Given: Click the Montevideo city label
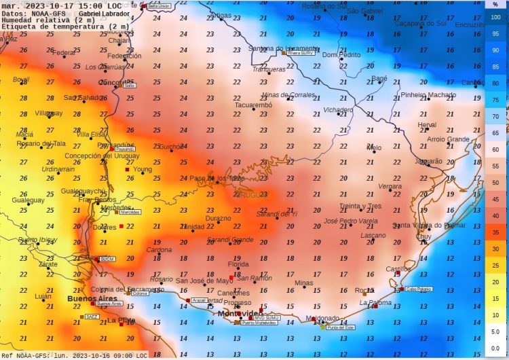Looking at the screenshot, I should click(x=240, y=313).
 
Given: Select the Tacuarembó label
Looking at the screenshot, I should click(x=253, y=105).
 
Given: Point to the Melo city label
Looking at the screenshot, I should click(x=374, y=147).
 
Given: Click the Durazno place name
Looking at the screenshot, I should click(x=219, y=219).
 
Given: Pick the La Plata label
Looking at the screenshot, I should click(x=121, y=320).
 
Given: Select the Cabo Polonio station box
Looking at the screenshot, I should click(x=419, y=289).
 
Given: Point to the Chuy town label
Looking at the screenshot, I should click(x=423, y=236).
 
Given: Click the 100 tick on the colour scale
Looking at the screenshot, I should click(x=495, y=18).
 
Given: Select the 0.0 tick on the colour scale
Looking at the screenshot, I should click(x=495, y=348).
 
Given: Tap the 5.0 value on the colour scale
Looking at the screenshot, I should click(x=495, y=331).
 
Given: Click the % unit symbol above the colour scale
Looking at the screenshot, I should click(x=495, y=3).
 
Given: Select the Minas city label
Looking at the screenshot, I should click(x=304, y=283).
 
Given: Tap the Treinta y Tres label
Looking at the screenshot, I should click(x=360, y=206).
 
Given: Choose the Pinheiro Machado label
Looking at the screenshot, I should click(x=428, y=95).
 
